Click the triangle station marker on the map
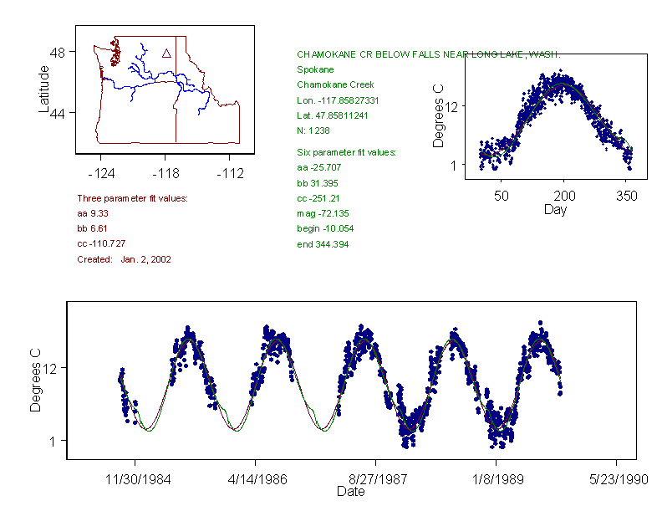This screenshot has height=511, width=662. (166, 54)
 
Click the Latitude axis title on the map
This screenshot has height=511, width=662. (44, 89)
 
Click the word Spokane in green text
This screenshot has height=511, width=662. (315, 69)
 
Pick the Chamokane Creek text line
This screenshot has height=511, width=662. (335, 84)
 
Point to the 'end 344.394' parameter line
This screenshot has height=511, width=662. (323, 244)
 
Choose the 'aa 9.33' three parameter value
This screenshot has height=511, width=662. (93, 213)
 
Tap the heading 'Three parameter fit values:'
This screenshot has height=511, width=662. (132, 198)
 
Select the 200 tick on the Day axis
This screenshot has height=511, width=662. (563, 196)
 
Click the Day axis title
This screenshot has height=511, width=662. (555, 209)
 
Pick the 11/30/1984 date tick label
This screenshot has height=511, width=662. (135, 481)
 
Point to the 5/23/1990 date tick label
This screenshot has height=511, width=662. (617, 481)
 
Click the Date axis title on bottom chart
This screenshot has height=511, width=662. (351, 492)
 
